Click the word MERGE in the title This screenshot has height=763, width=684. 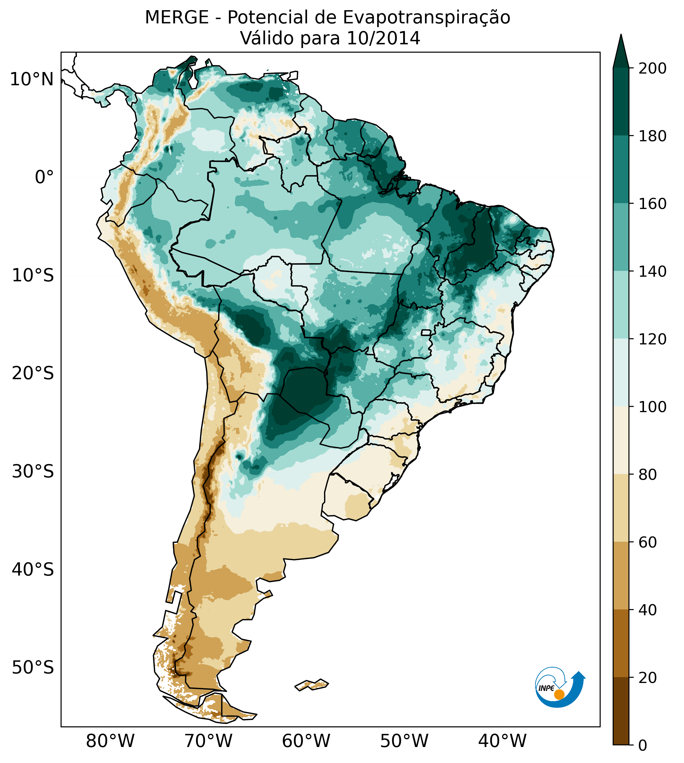pyautogui.click(x=177, y=18)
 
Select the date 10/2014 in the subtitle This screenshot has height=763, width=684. pyautogui.click(x=383, y=38)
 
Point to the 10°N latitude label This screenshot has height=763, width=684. pyautogui.click(x=32, y=80)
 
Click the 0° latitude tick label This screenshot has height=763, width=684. pyautogui.click(x=44, y=177)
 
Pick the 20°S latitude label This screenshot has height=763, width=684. pyautogui.click(x=33, y=374)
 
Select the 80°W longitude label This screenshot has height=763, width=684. pyautogui.click(x=110, y=741)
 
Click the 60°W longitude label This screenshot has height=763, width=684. pyautogui.click(x=306, y=741)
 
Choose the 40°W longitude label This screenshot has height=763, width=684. pyautogui.click(x=502, y=741)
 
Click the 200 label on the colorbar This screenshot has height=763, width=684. pyautogui.click(x=652, y=69)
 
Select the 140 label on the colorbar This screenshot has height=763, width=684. pyautogui.click(x=652, y=271)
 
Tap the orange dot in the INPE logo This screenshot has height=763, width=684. pyautogui.click(x=559, y=694)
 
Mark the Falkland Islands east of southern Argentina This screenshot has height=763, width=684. pyautogui.click(x=312, y=685)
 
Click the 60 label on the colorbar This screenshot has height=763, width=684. pyautogui.click(x=648, y=542)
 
